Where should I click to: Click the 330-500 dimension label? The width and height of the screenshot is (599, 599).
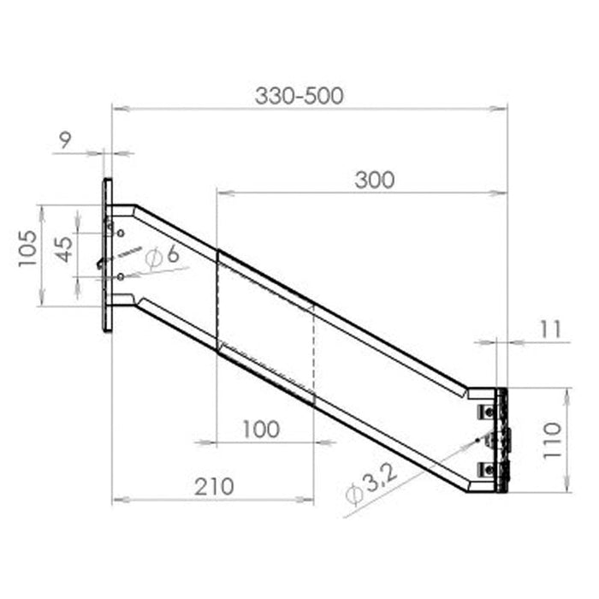(299, 95)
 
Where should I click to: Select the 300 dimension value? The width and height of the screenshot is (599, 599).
(375, 180)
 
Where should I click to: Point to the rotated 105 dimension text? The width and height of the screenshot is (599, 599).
(28, 248)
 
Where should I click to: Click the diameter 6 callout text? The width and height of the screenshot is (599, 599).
(163, 255)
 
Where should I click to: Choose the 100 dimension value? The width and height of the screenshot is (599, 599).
(261, 430)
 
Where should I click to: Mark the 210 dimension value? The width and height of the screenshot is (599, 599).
(213, 486)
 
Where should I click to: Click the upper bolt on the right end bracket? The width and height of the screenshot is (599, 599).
(486, 412)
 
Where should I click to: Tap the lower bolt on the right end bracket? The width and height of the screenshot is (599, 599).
(486, 467)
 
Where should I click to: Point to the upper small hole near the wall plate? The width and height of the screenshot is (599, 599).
(121, 233)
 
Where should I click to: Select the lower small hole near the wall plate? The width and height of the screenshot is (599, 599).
(121, 276)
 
